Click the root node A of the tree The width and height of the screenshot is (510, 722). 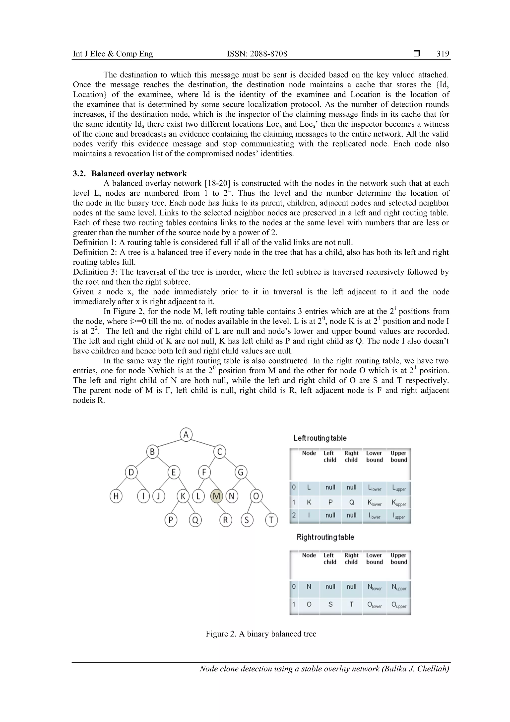[x=186, y=435]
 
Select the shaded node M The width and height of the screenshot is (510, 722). [x=216, y=496]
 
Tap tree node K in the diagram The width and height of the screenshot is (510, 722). [x=183, y=496]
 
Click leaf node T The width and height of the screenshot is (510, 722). [x=271, y=520]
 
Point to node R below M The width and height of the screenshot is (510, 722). [x=225, y=520]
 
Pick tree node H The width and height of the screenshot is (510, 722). [x=116, y=496]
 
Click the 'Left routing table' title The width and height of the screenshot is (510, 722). [x=320, y=438]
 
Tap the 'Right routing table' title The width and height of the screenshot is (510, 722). [x=325, y=537]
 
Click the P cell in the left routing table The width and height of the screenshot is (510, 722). [x=330, y=502]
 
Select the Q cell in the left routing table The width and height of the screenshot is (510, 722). [x=351, y=502]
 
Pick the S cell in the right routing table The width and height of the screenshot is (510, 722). [x=330, y=604]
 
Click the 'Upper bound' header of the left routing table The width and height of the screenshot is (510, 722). [x=398, y=456]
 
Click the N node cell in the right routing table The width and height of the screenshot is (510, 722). [x=309, y=586]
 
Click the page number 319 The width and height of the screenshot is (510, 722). [x=443, y=54]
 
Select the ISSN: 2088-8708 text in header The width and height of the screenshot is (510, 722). [x=257, y=54]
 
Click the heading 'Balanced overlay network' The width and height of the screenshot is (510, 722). [x=139, y=173]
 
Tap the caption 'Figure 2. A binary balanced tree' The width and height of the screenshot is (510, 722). [x=261, y=634]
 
